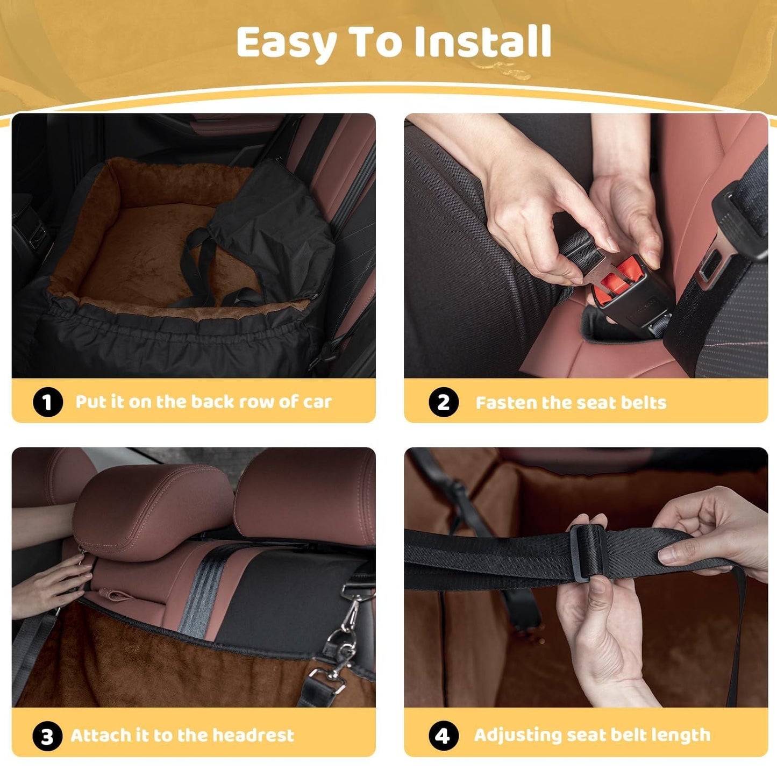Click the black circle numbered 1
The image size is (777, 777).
[x=47, y=402]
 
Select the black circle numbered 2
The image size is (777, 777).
[x=443, y=402]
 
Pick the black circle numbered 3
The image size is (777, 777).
[x=47, y=736]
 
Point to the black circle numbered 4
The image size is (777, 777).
[x=443, y=736]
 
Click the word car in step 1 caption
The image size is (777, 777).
[x=317, y=402]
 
